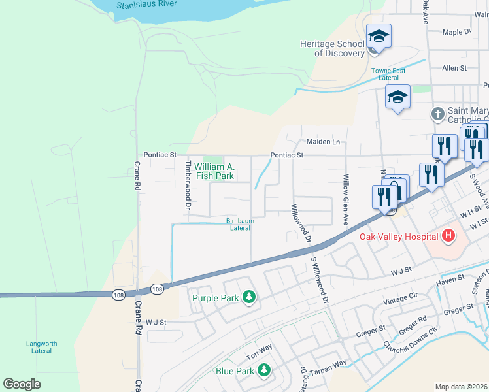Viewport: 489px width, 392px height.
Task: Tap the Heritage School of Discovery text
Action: [x=331, y=48]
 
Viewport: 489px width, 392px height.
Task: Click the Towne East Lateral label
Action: [x=388, y=74]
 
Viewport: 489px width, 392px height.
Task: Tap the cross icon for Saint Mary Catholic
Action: [x=437, y=114]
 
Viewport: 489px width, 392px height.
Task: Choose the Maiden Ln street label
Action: [x=323, y=142]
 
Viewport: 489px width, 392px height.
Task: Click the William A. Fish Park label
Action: [x=214, y=171]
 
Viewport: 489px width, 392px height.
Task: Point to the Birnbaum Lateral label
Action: [x=240, y=224]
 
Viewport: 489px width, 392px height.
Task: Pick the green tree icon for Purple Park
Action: [x=248, y=298]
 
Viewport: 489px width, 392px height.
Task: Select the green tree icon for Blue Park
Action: [x=263, y=371]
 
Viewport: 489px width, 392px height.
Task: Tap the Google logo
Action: [x=22, y=384]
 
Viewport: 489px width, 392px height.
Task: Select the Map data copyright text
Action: [x=460, y=387]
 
